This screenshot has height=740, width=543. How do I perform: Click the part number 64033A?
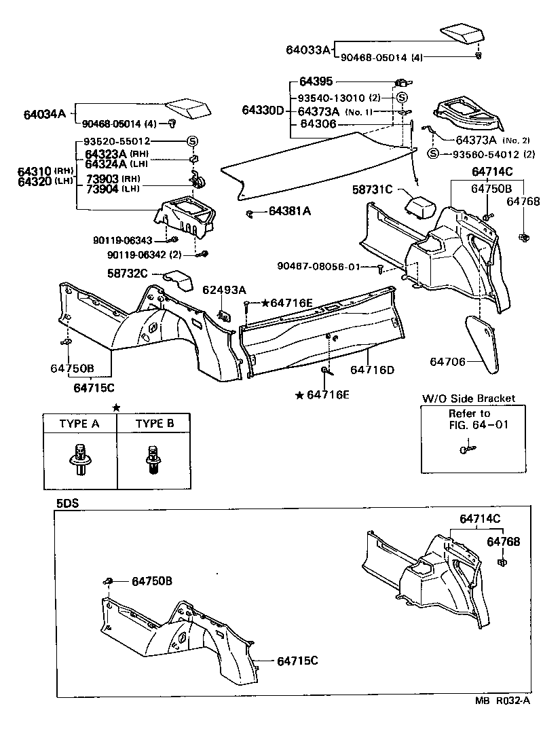[307, 50]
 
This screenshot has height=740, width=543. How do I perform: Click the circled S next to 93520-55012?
[192, 141]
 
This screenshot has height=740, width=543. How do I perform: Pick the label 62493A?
[224, 290]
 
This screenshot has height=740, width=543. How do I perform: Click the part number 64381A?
[289, 212]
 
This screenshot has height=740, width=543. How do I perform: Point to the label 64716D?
[372, 369]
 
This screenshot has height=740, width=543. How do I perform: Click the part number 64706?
[447, 362]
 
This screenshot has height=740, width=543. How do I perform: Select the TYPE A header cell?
[79, 424]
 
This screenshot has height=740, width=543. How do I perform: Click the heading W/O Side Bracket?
[468, 399]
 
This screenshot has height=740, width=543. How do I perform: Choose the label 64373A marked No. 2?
[481, 140]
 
